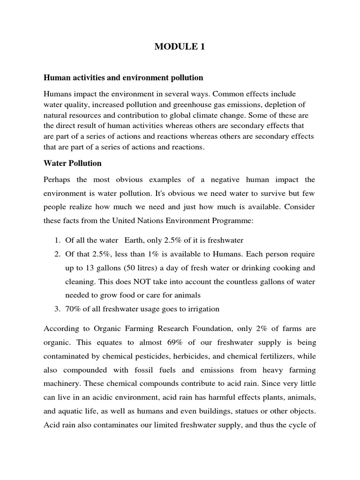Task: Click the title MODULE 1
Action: point(180,47)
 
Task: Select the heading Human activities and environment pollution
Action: point(123,77)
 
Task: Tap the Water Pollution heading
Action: point(72,164)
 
